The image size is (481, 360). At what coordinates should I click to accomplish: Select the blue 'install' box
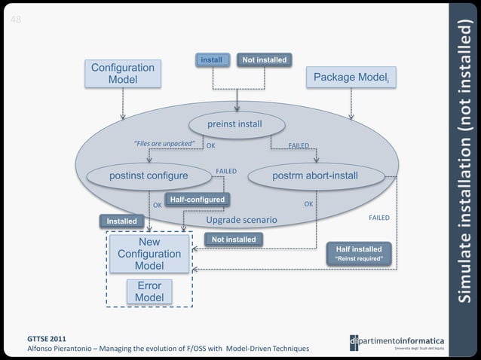point(212,59)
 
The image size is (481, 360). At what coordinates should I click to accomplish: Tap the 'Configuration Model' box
point(123,74)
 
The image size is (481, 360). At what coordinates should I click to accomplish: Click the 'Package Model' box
point(351,77)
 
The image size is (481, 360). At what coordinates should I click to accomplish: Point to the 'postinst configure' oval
point(149,176)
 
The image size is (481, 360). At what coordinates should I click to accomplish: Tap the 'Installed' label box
point(121,221)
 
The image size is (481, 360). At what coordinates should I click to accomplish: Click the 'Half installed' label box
point(359,249)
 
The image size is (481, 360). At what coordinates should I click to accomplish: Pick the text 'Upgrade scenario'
point(242,220)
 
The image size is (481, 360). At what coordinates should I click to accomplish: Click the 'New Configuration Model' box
point(149,255)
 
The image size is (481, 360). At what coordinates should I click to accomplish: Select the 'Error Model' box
point(149,292)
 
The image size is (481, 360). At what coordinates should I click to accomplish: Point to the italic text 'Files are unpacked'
point(164,143)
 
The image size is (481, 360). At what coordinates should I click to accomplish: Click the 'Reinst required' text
point(359,259)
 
